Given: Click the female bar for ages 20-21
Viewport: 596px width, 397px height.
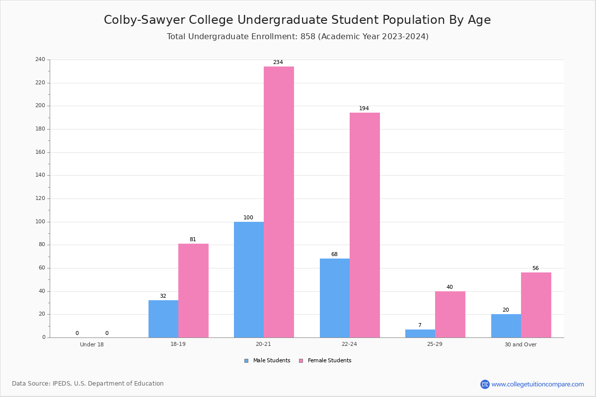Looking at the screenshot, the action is (x=279, y=202).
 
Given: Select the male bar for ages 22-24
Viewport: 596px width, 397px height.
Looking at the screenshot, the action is (x=335, y=298).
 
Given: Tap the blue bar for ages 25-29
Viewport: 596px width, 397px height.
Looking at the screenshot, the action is (x=420, y=333).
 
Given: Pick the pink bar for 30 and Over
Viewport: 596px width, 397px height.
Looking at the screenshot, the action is (x=536, y=305).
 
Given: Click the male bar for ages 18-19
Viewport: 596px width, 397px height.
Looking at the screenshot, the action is (x=163, y=319).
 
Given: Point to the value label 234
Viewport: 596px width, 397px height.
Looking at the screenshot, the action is (x=278, y=62).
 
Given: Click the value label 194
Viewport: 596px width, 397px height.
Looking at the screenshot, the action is (x=364, y=108).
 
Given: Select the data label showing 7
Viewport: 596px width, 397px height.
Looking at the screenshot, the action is (x=420, y=325).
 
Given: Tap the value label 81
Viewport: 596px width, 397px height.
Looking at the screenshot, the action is (x=193, y=239).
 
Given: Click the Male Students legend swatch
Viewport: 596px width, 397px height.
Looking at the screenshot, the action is (x=246, y=361).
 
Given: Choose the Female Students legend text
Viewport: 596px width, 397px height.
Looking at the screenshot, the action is (x=329, y=360).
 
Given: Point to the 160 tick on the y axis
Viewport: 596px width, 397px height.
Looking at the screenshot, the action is (x=40, y=152).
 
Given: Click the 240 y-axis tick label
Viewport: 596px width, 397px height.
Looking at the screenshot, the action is (x=40, y=59).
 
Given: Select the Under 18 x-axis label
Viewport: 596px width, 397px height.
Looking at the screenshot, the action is (x=92, y=344).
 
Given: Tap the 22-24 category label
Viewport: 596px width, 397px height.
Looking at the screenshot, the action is (x=349, y=344).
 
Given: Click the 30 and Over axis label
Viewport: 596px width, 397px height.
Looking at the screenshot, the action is (x=521, y=344).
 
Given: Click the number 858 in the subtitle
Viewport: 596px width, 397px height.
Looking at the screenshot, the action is (x=308, y=36).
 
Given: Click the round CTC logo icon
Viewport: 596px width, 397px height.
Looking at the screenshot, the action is (x=485, y=384).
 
